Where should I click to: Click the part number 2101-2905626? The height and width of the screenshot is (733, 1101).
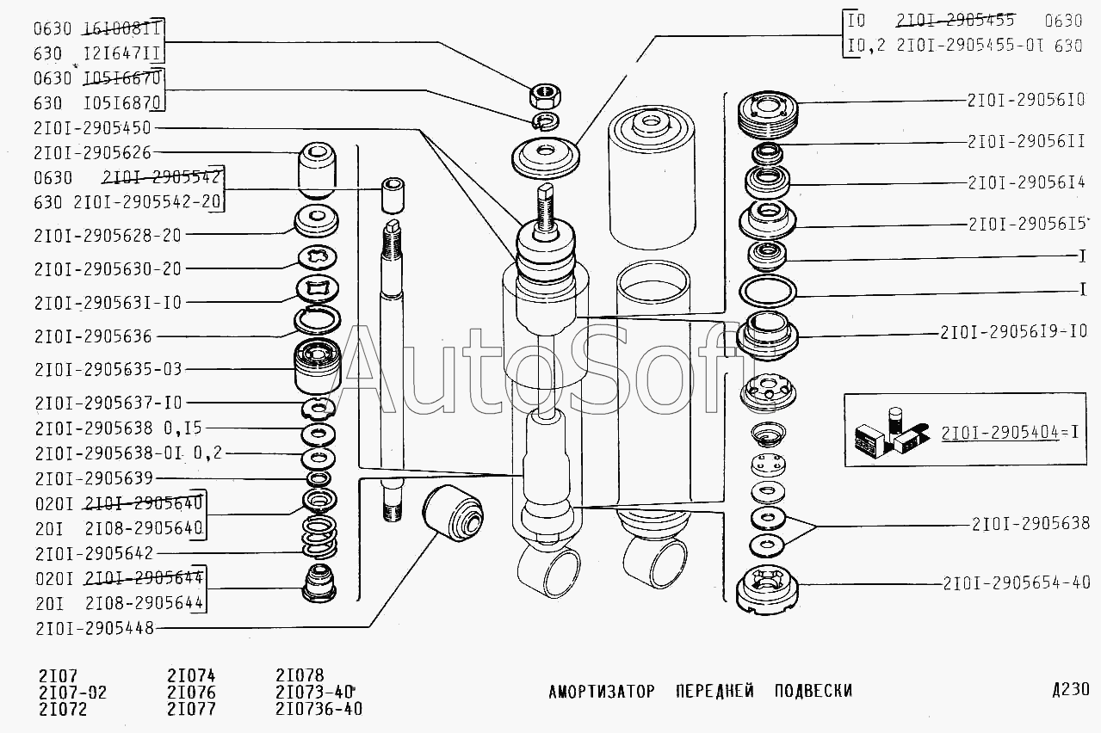point(93,153)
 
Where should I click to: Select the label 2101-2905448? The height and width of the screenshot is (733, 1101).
point(94,628)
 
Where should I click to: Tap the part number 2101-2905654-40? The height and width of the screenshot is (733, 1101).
point(1016,582)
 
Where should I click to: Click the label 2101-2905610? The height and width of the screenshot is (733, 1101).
point(1025,100)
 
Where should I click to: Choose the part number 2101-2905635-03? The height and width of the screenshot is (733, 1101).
point(108,369)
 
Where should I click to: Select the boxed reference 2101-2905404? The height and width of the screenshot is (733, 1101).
point(999,433)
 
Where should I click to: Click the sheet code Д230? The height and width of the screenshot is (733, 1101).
point(1070,690)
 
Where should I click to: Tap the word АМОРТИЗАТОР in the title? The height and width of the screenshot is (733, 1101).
point(602,692)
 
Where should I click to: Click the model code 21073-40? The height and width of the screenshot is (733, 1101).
point(316,693)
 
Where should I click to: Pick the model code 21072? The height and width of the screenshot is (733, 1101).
point(63,710)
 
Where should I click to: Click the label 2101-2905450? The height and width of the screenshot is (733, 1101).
point(93,128)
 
